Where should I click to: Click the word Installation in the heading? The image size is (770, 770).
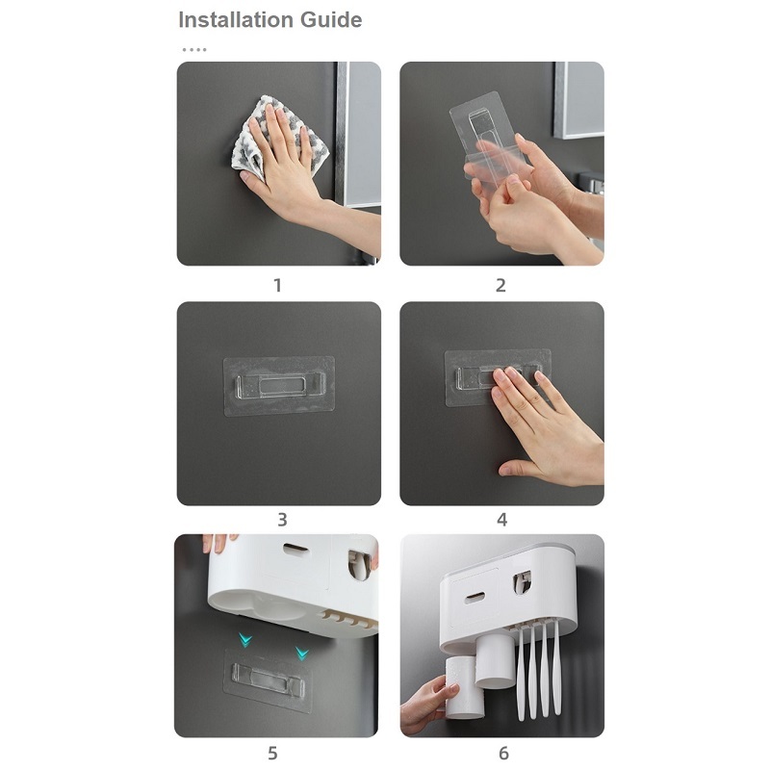click(236, 20)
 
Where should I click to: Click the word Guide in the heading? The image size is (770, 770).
click(331, 20)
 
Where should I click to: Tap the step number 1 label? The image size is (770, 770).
click(277, 285)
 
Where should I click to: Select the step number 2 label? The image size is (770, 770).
click(500, 285)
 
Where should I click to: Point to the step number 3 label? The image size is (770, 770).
click(282, 520)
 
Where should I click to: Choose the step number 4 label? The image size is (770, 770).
click(501, 520)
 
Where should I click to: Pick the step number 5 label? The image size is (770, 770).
click(272, 753)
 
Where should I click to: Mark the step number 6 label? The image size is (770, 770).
click(503, 753)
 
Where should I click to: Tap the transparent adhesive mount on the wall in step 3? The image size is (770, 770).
click(279, 386)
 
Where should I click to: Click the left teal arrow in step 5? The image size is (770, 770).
click(245, 640)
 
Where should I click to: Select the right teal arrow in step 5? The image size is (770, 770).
click(302, 654)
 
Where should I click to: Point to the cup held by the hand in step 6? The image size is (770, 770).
click(463, 687)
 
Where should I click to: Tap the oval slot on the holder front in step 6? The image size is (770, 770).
click(475, 598)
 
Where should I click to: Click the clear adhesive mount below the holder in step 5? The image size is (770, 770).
click(268, 680)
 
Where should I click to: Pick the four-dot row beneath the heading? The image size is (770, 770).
click(194, 50)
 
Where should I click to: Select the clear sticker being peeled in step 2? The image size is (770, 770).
click(491, 140)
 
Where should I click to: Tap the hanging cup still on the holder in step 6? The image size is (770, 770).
click(496, 660)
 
